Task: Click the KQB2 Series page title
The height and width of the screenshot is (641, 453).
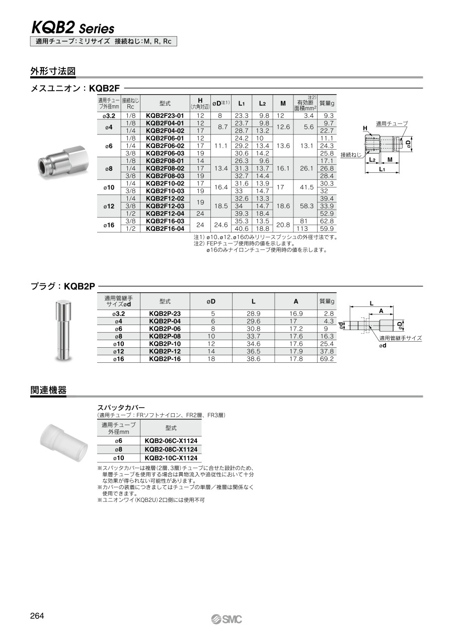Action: point(73,28)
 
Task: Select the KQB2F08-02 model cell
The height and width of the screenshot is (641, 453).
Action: point(165,168)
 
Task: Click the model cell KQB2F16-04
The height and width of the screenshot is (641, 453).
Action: point(165,228)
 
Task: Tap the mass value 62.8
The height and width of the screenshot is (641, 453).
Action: point(327,221)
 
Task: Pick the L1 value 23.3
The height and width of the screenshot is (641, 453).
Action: point(242,115)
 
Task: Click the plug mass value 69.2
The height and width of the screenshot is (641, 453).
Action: point(327,359)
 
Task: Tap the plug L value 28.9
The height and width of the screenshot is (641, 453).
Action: point(253,313)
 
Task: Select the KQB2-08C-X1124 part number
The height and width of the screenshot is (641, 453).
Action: point(171,449)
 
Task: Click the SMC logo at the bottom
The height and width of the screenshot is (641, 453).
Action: point(226,619)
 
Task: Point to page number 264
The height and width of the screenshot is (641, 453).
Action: point(37,616)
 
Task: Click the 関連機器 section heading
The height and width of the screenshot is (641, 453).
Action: point(48,390)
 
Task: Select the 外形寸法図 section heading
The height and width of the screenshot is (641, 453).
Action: point(53,71)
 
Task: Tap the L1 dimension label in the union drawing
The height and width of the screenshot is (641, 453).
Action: point(381,170)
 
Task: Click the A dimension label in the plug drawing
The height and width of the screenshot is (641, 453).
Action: point(381,311)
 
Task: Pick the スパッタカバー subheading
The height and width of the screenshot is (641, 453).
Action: point(121,407)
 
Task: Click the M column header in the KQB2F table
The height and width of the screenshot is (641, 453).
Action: point(282,103)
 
